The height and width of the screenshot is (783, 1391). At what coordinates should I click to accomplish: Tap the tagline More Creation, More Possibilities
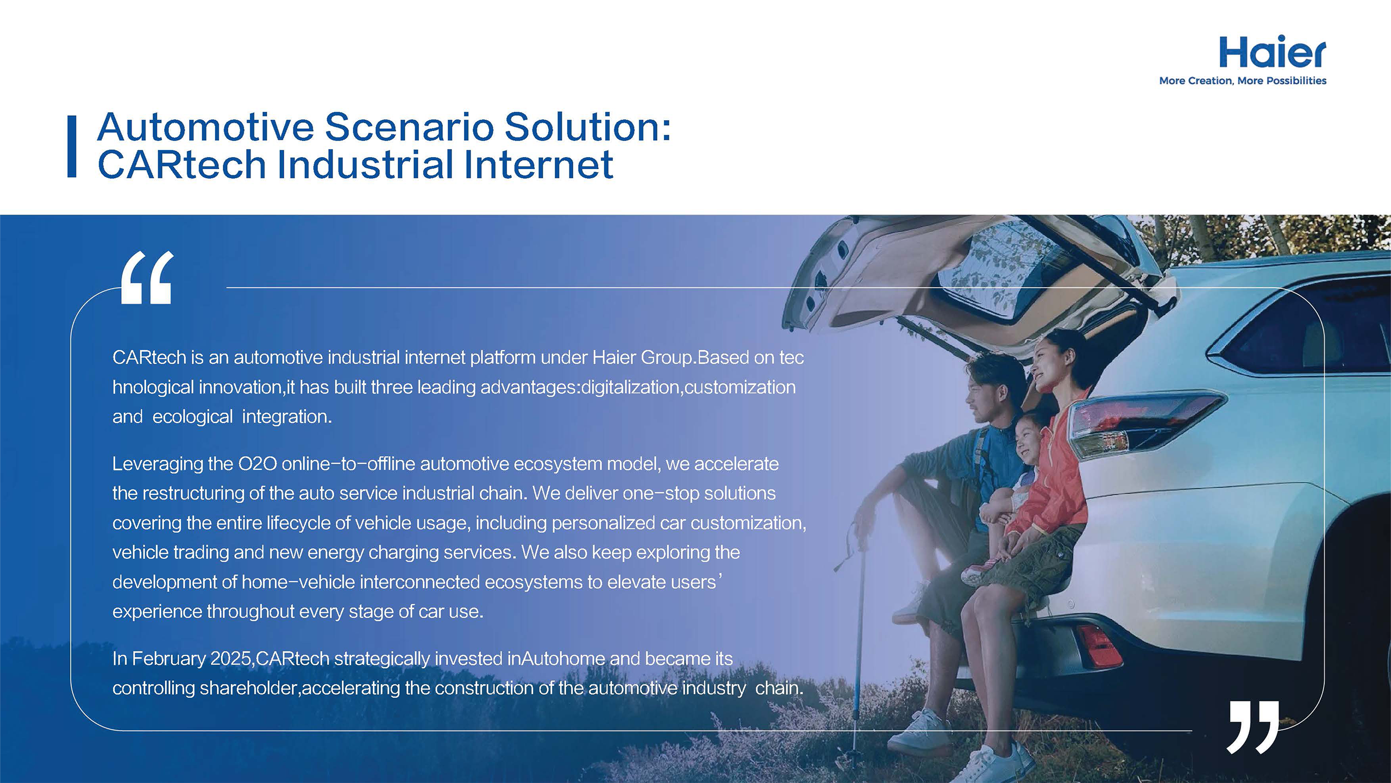coord(1243,80)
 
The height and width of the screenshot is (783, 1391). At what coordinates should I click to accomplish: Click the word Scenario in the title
coord(410,127)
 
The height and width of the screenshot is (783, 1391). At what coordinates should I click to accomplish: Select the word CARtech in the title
coord(181,164)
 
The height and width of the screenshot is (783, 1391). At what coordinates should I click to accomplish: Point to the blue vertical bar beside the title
coord(72,146)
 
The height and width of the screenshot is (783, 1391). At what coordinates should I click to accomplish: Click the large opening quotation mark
coord(147,277)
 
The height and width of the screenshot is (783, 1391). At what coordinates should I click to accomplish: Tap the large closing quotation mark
coord(1253,727)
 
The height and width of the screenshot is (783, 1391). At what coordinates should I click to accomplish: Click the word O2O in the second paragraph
coord(258,464)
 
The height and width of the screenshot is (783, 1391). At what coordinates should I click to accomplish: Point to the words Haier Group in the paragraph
coord(641,357)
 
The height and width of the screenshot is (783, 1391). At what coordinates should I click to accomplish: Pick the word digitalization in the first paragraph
coord(630,388)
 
